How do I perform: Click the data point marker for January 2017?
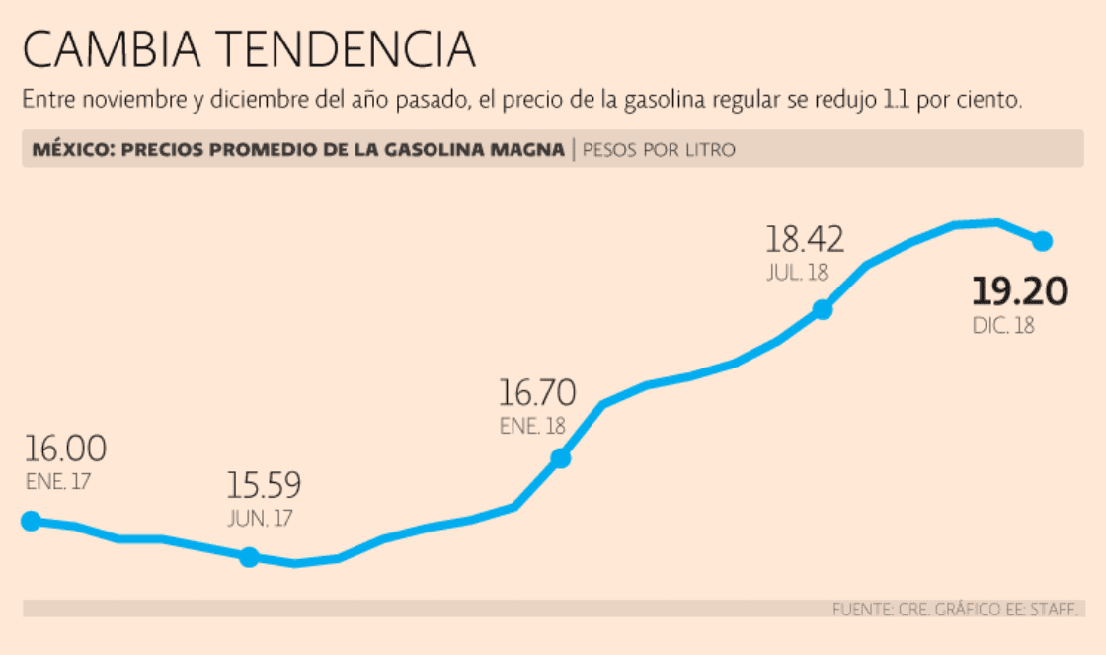(31, 521)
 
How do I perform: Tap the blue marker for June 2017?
(249, 557)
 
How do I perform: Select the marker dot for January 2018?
(560, 457)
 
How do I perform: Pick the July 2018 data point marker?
(823, 309)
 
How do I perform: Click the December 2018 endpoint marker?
(1042, 240)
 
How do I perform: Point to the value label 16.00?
(65, 450)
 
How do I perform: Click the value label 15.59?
(264, 486)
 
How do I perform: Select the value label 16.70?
(536, 394)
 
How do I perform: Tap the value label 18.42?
(805, 240)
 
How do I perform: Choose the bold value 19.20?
(1019, 292)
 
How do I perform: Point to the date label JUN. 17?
(260, 518)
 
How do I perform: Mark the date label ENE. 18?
(532, 427)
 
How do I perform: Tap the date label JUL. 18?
(796, 274)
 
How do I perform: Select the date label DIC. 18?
(1003, 325)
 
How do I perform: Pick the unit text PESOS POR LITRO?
(659, 150)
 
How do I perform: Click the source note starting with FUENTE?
(957, 609)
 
